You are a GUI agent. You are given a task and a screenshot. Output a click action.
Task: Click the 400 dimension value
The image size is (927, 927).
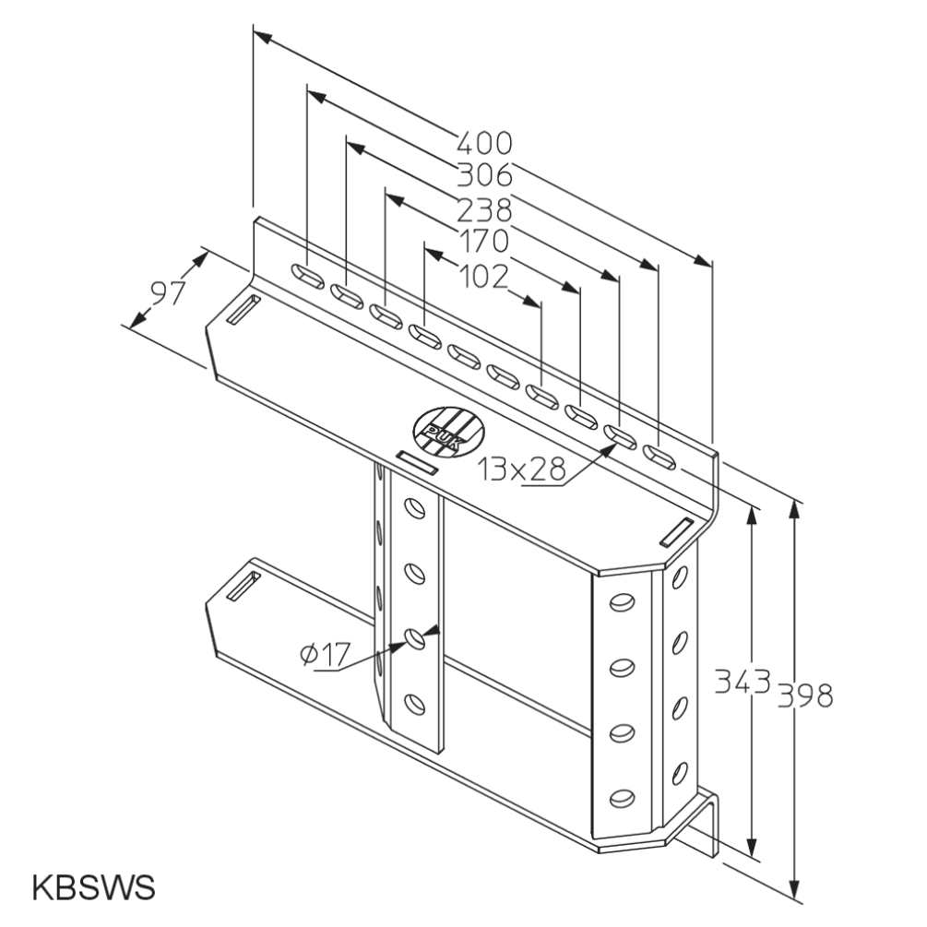click(x=484, y=143)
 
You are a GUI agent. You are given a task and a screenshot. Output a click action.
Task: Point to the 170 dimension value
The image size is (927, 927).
click(x=483, y=242)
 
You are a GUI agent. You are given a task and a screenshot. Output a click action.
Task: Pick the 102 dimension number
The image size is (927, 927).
click(x=483, y=276)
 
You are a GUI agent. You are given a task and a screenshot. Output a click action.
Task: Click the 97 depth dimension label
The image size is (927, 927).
click(x=169, y=292)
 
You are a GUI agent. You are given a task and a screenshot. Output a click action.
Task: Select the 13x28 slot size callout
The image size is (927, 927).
click(x=521, y=469)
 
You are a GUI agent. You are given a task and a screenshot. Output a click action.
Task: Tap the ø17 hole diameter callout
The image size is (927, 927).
click(x=326, y=655)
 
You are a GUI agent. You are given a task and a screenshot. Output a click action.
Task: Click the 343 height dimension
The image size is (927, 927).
click(x=743, y=682)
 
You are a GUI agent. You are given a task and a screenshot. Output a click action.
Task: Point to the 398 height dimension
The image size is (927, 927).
click(x=805, y=695)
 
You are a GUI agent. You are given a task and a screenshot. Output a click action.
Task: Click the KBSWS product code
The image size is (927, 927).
click(x=93, y=887)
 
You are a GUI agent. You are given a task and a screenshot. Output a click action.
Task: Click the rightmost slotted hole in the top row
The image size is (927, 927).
click(x=660, y=458)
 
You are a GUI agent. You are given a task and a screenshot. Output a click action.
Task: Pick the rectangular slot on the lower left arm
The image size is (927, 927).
click(x=244, y=587)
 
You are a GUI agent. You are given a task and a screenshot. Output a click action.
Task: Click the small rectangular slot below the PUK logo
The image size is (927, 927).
click(x=418, y=463)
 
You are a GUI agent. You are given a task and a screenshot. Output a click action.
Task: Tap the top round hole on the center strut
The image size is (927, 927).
click(x=414, y=508)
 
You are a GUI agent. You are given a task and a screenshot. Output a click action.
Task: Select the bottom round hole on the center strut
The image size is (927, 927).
click(x=414, y=704)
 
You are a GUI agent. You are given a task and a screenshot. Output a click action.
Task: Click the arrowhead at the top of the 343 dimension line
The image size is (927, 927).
click(x=752, y=517)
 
